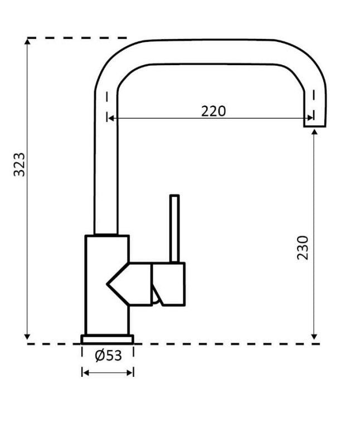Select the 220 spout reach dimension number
[213, 111]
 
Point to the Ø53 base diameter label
[108, 356]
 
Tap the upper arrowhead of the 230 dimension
[315, 132]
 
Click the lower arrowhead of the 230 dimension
[315, 336]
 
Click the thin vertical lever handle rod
[174, 229]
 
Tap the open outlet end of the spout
[314, 125]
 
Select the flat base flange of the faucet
[108, 339]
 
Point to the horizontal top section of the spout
[212, 51]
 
